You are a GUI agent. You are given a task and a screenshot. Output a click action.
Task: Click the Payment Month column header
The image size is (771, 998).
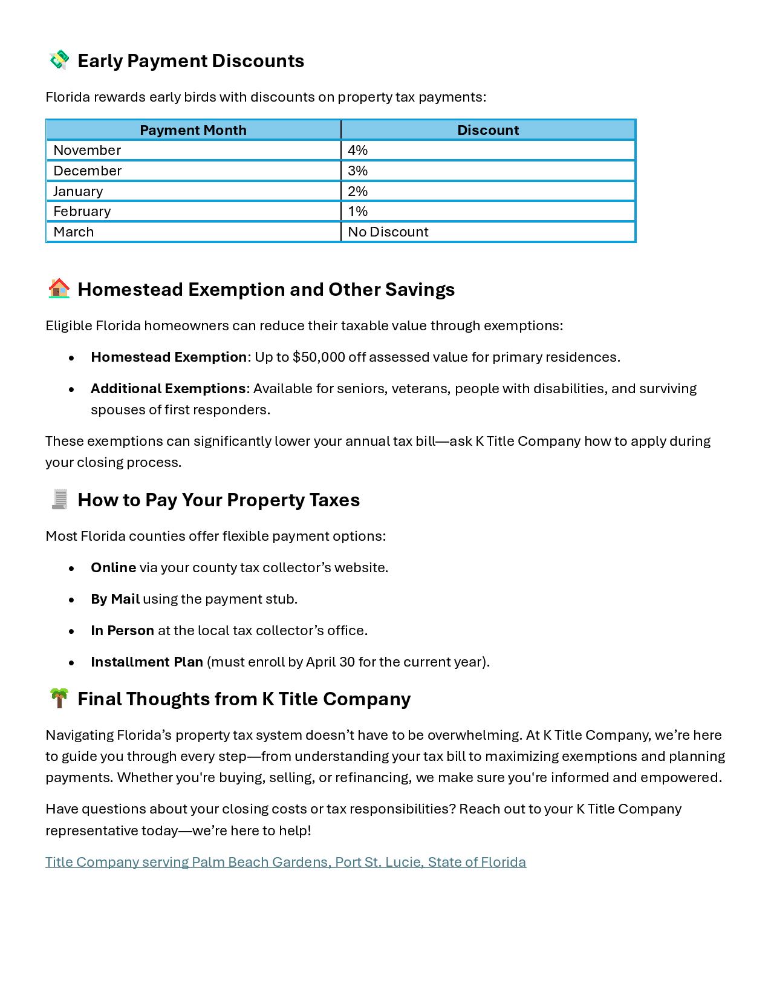click(x=193, y=130)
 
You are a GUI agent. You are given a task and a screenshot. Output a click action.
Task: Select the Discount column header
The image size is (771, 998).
click(x=487, y=130)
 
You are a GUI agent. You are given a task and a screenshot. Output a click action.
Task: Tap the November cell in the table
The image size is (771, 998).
click(x=87, y=150)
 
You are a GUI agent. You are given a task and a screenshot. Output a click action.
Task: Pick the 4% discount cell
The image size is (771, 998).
click(x=358, y=150)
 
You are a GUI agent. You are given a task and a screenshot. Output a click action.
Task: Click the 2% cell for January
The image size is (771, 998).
click(x=358, y=191)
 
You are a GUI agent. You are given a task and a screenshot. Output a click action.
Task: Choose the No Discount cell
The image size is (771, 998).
click(x=388, y=232)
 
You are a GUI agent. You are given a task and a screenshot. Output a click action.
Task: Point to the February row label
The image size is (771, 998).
click(x=82, y=211)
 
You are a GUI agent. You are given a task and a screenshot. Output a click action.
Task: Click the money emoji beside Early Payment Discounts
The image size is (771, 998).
click(x=59, y=60)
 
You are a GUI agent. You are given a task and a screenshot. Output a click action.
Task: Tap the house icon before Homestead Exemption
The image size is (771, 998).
click(x=59, y=289)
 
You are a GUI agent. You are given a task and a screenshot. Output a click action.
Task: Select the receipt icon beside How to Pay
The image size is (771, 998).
click(x=59, y=499)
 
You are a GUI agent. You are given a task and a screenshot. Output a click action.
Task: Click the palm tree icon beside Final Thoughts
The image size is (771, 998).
click(x=59, y=698)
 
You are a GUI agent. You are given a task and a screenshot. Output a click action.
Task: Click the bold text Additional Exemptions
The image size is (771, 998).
click(x=168, y=388)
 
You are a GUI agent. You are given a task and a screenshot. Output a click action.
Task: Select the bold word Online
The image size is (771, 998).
click(x=113, y=567)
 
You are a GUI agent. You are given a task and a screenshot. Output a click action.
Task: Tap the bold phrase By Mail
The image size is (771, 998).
click(x=115, y=599)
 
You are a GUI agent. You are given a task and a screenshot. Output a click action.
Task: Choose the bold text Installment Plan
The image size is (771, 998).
click(x=147, y=662)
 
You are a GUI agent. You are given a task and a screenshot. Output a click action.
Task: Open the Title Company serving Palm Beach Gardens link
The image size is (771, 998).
click(x=285, y=862)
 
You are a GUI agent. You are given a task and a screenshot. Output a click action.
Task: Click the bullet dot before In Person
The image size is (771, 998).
click(x=71, y=631)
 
